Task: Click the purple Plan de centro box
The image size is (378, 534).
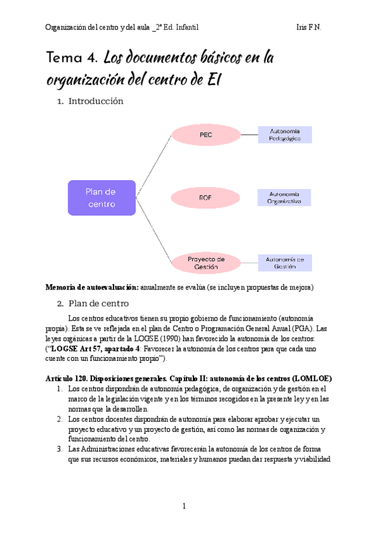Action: click(101, 198)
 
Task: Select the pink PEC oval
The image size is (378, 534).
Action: click(205, 134)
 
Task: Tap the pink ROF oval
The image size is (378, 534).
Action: click(205, 198)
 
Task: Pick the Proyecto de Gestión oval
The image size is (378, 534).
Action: click(205, 263)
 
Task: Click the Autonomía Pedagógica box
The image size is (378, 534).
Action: click(285, 134)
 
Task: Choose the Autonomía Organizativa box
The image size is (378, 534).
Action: click(285, 198)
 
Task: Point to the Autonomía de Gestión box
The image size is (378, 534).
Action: click(285, 263)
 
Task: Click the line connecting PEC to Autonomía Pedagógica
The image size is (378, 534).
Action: click(249, 134)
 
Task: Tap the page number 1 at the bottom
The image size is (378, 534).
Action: click(185, 506)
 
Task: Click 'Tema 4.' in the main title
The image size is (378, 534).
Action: click(72, 59)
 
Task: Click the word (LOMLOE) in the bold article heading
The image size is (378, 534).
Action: click(313, 378)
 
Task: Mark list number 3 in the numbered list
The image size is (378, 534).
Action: click(58, 449)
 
